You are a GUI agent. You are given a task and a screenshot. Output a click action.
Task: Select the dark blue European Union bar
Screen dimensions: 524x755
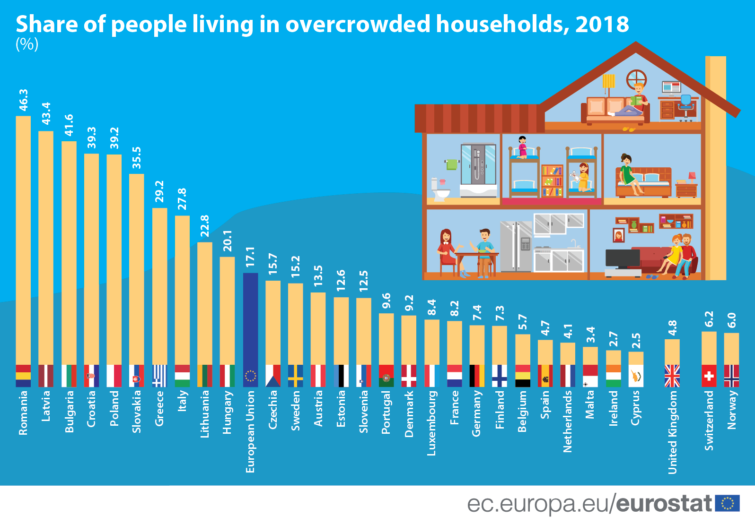(x=250, y=319)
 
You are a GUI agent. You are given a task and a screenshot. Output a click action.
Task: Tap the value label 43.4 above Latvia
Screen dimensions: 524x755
(x=46, y=113)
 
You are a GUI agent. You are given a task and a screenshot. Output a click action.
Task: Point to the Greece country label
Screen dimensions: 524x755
(x=159, y=408)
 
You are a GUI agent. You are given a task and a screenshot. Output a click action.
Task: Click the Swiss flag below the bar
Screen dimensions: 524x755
(x=709, y=376)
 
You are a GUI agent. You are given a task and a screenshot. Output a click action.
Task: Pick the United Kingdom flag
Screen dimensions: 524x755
(x=672, y=376)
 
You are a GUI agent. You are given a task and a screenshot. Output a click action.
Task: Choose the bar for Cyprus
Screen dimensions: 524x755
(x=636, y=358)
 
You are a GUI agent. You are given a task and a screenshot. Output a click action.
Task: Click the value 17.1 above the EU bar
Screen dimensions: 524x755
(x=250, y=257)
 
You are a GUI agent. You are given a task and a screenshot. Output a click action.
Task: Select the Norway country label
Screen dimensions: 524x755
(x=732, y=410)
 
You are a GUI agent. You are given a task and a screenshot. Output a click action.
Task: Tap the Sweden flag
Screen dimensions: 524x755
(x=296, y=376)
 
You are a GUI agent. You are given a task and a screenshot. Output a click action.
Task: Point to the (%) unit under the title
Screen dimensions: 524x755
(x=27, y=44)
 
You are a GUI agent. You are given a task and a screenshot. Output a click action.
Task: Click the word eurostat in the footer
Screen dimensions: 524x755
(x=664, y=504)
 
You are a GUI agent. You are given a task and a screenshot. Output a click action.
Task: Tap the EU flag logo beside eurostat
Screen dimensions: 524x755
(x=728, y=503)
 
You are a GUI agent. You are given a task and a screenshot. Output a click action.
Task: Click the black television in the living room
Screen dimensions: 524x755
(x=623, y=258)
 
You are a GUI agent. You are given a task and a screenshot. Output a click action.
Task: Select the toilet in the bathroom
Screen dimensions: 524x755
(x=439, y=190)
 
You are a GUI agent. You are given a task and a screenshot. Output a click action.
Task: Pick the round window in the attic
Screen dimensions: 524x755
(x=636, y=79)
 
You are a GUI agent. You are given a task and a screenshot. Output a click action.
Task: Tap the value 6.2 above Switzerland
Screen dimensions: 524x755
(x=709, y=319)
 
